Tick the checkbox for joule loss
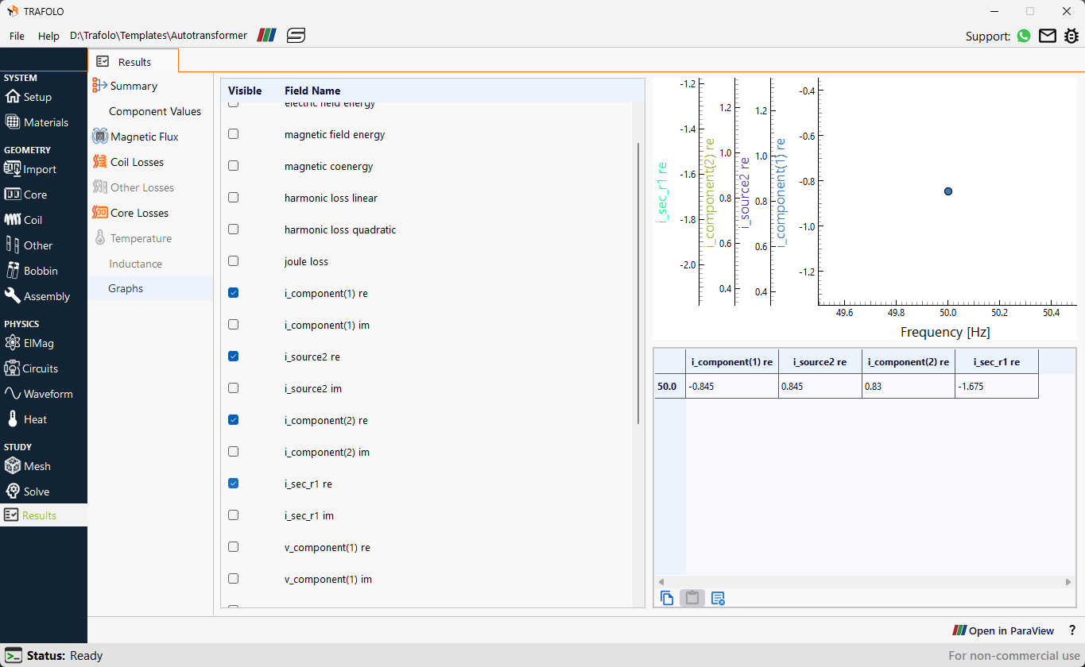[x=233, y=261]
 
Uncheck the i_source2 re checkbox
[x=233, y=357]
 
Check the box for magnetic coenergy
[x=233, y=165]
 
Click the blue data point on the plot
[x=948, y=191]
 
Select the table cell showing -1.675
[x=996, y=386]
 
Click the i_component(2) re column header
[x=909, y=361]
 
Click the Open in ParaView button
[x=1003, y=630]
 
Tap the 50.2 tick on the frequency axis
[x=999, y=313]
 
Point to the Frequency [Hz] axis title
[x=945, y=332]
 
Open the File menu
[x=17, y=36]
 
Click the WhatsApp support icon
[x=1024, y=36]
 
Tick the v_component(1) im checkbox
[x=233, y=578]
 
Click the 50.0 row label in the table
[x=667, y=386]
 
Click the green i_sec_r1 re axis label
[x=662, y=193]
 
